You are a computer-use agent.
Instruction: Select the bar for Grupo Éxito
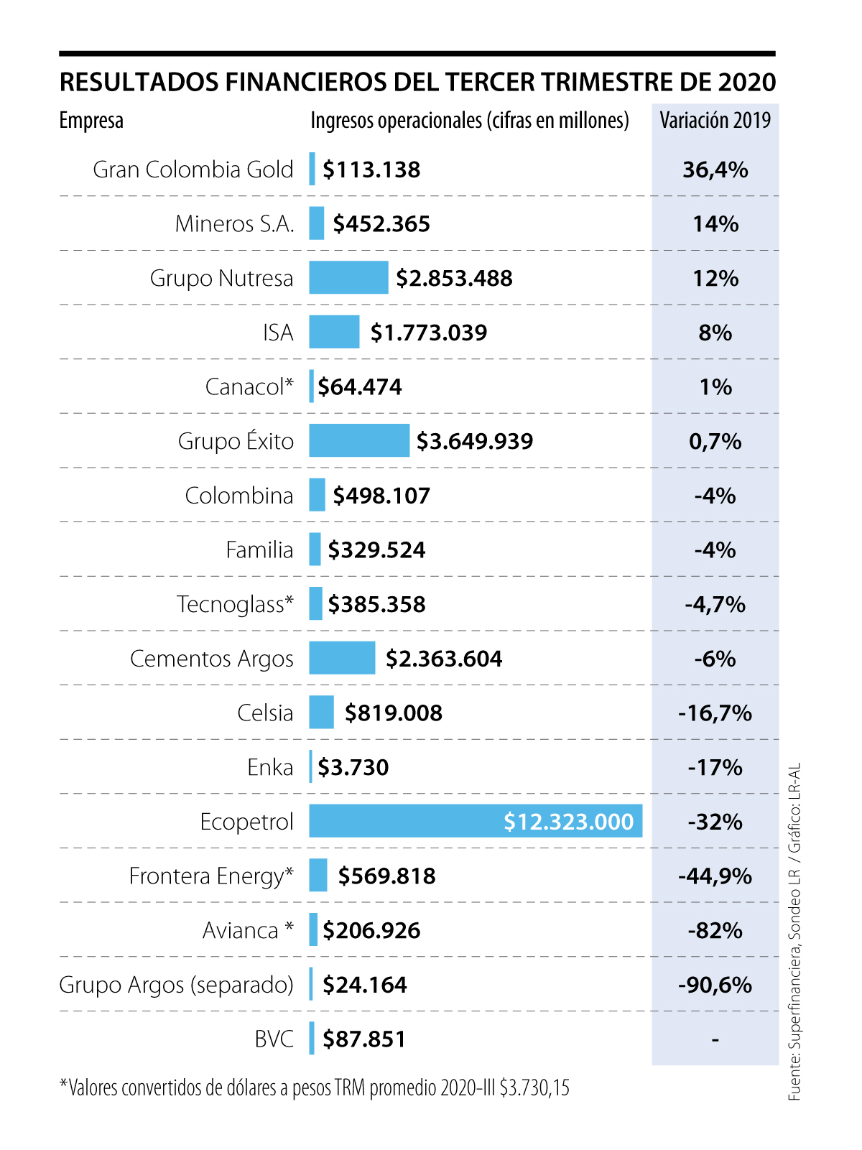(359, 440)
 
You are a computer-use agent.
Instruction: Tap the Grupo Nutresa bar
(348, 278)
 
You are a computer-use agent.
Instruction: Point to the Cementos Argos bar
(342, 658)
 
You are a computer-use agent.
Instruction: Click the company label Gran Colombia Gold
(193, 170)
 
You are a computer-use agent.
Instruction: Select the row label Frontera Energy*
(211, 876)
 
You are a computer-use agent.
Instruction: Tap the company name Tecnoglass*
(235, 605)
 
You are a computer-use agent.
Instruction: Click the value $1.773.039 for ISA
(428, 333)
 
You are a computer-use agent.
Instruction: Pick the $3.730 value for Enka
(353, 767)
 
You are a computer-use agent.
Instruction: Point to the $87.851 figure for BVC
(363, 1039)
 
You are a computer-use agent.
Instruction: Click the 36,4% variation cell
(715, 170)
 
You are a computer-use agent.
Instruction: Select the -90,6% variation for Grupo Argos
(715, 984)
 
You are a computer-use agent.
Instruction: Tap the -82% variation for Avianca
(715, 930)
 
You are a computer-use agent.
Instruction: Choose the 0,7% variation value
(715, 441)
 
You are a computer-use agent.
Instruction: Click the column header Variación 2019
(715, 120)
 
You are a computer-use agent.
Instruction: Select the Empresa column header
(91, 121)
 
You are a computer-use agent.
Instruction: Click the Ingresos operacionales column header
(469, 121)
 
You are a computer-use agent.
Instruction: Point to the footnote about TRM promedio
(315, 1088)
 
